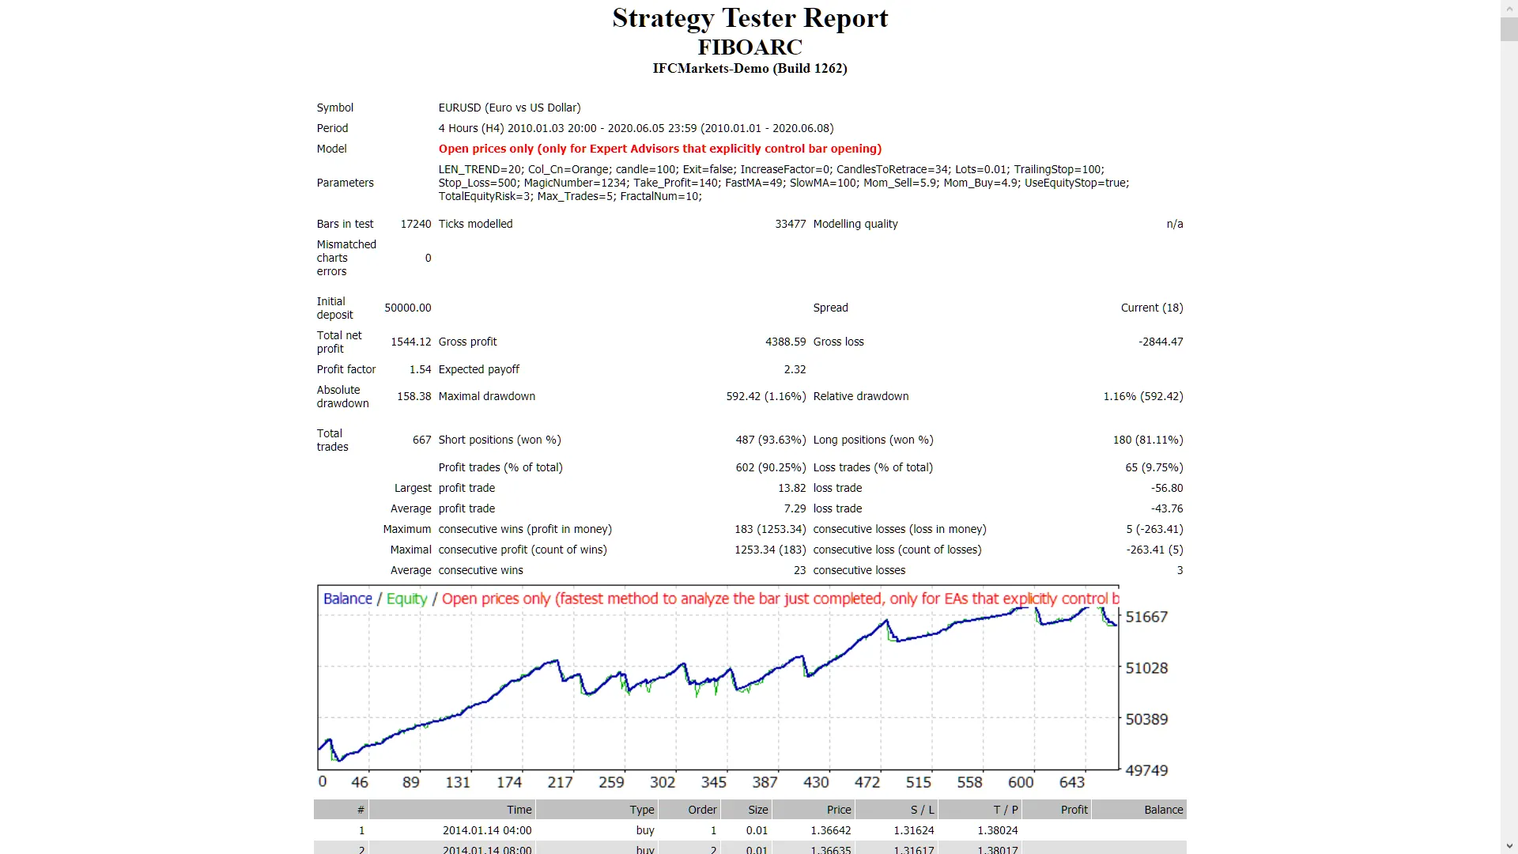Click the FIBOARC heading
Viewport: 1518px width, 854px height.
click(x=750, y=47)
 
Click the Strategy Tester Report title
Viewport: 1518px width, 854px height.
click(x=750, y=18)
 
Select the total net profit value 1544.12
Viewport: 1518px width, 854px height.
click(x=410, y=342)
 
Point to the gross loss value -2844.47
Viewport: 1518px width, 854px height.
click(x=1161, y=342)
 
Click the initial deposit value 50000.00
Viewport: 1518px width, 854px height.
click(x=407, y=308)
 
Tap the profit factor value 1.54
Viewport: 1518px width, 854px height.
click(x=420, y=369)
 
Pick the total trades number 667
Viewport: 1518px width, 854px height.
click(x=421, y=440)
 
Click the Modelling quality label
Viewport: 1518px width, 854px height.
click(x=855, y=224)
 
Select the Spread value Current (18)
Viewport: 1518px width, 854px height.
click(x=1151, y=308)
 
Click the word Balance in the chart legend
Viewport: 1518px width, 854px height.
click(x=347, y=599)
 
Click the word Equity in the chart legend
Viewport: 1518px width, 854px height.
click(x=406, y=599)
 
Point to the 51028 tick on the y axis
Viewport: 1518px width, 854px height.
click(x=1146, y=668)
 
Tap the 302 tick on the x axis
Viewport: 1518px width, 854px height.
click(x=663, y=782)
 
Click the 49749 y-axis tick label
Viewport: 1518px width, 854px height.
click(x=1146, y=770)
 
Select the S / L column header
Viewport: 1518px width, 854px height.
click(x=922, y=810)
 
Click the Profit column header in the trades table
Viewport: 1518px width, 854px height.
click(x=1074, y=810)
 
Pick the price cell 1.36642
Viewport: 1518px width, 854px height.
click(x=830, y=830)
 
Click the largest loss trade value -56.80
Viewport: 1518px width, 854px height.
click(x=1167, y=488)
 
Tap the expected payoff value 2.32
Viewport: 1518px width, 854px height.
click(x=795, y=369)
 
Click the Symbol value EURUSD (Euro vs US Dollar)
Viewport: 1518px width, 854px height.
click(x=509, y=108)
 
